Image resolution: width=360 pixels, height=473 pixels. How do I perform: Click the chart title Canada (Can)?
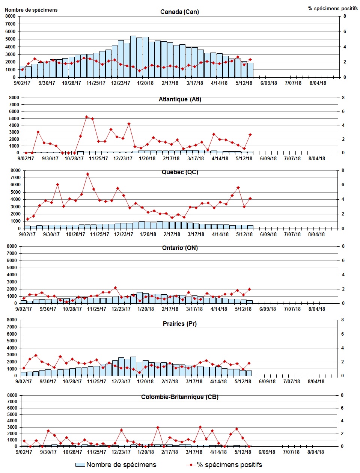[x=179, y=12]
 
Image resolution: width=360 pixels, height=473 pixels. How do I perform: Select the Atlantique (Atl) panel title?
[x=180, y=99]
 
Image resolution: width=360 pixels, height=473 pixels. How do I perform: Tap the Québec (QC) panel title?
[x=180, y=172]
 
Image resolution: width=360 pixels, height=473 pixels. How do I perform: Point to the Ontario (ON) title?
[x=180, y=248]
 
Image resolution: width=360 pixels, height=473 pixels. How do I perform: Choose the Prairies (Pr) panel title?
[x=180, y=324]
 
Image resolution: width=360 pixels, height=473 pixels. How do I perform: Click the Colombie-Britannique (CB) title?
[x=180, y=397]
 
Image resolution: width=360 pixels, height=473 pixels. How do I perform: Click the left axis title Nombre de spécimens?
[x=31, y=10]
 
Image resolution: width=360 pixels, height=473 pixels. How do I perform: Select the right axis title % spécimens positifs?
[x=333, y=8]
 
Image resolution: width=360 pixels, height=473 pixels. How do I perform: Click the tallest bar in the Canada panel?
[x=133, y=56]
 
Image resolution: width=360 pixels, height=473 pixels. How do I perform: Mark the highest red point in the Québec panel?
[x=87, y=174]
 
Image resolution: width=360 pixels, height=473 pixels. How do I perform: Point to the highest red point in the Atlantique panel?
[x=86, y=117]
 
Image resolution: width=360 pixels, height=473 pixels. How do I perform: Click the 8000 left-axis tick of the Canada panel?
[x=11, y=16]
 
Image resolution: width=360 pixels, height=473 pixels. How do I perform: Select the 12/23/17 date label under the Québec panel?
[x=124, y=234]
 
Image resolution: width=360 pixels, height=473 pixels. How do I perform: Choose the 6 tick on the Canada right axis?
[x=345, y=32]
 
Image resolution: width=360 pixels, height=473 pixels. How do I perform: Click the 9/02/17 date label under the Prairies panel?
[x=23, y=381]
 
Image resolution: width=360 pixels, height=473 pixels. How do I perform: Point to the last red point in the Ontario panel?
[x=250, y=289]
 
